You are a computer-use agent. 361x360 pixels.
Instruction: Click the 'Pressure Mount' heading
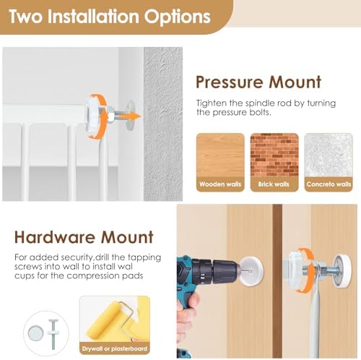point(258,82)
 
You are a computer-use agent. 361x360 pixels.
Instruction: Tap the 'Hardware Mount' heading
point(84,237)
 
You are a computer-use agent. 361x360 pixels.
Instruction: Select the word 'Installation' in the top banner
point(93,17)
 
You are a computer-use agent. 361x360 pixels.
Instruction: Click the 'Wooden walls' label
point(220,184)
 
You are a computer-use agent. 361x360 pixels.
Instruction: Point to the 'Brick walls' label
point(274,184)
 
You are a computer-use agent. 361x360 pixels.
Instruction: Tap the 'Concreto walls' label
point(329,184)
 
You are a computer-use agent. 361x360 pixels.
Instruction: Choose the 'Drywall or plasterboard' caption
point(115,348)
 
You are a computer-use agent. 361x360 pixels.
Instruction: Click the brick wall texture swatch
point(274,155)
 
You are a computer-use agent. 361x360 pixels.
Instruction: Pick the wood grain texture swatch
point(220,155)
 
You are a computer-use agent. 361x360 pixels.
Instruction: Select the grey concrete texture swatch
point(329,155)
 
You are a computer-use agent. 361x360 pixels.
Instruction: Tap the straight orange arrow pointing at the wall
point(129,116)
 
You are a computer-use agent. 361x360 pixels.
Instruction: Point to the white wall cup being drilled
point(251,271)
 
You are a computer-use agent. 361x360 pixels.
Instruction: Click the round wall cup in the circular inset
point(36,333)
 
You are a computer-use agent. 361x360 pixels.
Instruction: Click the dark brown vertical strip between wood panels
point(277,281)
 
